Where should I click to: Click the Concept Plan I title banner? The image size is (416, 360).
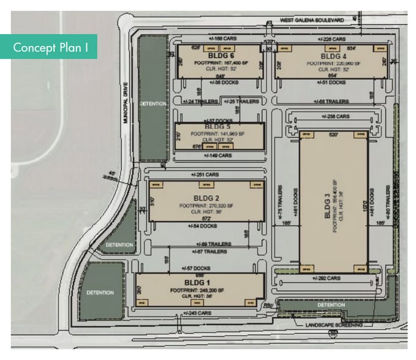[x=48, y=47]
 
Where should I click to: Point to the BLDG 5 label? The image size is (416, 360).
[x=219, y=127]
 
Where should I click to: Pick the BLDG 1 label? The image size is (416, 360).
[x=200, y=283]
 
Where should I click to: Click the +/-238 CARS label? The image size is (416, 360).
[x=335, y=116]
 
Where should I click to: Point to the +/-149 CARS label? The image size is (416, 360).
[x=219, y=156]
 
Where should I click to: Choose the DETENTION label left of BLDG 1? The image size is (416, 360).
[x=99, y=292]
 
